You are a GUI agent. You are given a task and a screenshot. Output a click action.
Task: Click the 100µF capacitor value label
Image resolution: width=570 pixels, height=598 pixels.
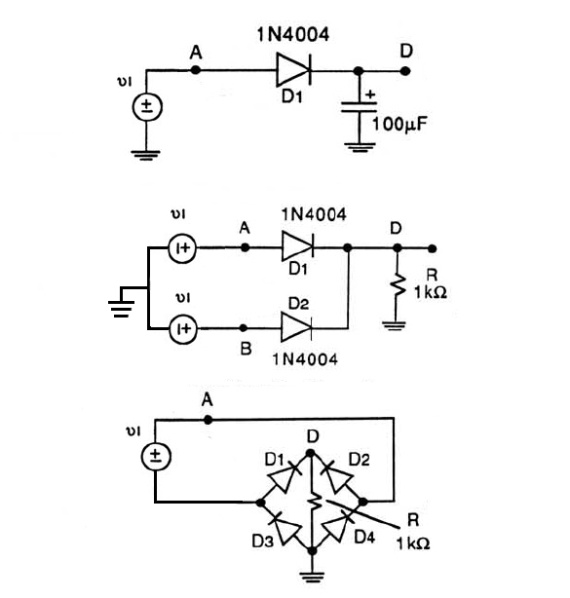tap(399, 125)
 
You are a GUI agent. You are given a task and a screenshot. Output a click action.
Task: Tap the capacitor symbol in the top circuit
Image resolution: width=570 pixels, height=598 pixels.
tap(359, 107)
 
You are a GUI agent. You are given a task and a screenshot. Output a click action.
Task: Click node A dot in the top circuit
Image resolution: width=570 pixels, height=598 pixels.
tap(195, 70)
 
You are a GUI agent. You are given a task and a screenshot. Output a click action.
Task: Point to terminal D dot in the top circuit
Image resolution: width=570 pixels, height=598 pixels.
tap(405, 71)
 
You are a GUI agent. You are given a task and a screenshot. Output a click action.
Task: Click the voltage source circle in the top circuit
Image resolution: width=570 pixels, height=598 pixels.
tap(147, 107)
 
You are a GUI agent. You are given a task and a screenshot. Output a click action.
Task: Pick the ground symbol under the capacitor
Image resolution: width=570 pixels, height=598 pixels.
tap(360, 147)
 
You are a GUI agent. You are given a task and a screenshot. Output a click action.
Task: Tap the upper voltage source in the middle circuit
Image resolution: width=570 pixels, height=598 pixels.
tap(182, 248)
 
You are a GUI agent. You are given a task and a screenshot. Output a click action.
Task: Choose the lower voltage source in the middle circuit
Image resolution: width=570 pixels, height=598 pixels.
tap(183, 329)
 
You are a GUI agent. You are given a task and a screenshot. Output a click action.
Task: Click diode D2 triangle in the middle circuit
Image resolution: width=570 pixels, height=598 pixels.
tap(296, 327)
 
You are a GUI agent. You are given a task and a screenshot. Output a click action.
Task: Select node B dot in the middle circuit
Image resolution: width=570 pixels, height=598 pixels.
tap(243, 328)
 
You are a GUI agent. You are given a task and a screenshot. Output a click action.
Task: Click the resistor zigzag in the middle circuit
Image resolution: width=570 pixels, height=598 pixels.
tap(398, 285)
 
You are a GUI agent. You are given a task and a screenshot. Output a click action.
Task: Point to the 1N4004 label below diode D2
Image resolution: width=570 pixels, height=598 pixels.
tap(305, 359)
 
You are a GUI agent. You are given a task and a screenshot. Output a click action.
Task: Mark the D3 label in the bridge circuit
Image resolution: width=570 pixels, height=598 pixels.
tap(262, 541)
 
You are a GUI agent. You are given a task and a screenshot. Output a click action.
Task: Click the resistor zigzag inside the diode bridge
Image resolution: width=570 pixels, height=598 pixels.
tap(315, 504)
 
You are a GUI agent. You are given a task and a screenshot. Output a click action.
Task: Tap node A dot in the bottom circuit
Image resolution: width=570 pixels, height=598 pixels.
tap(208, 420)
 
